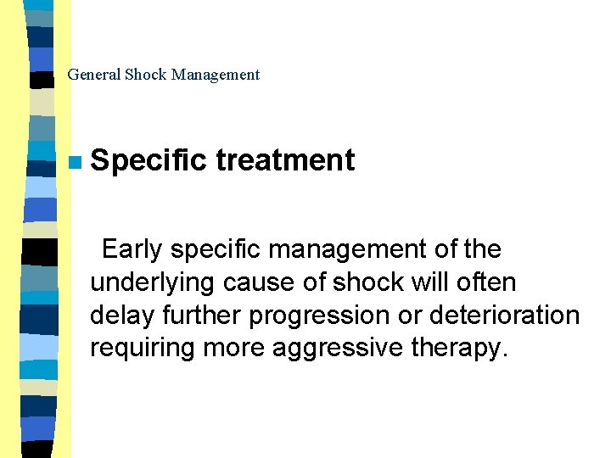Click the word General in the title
pyautogui.click(x=94, y=75)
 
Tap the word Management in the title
pyautogui.click(x=216, y=75)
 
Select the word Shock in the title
pyautogui.click(x=146, y=75)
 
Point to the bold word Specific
pyautogui.click(x=149, y=160)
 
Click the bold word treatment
pyautogui.click(x=285, y=160)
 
